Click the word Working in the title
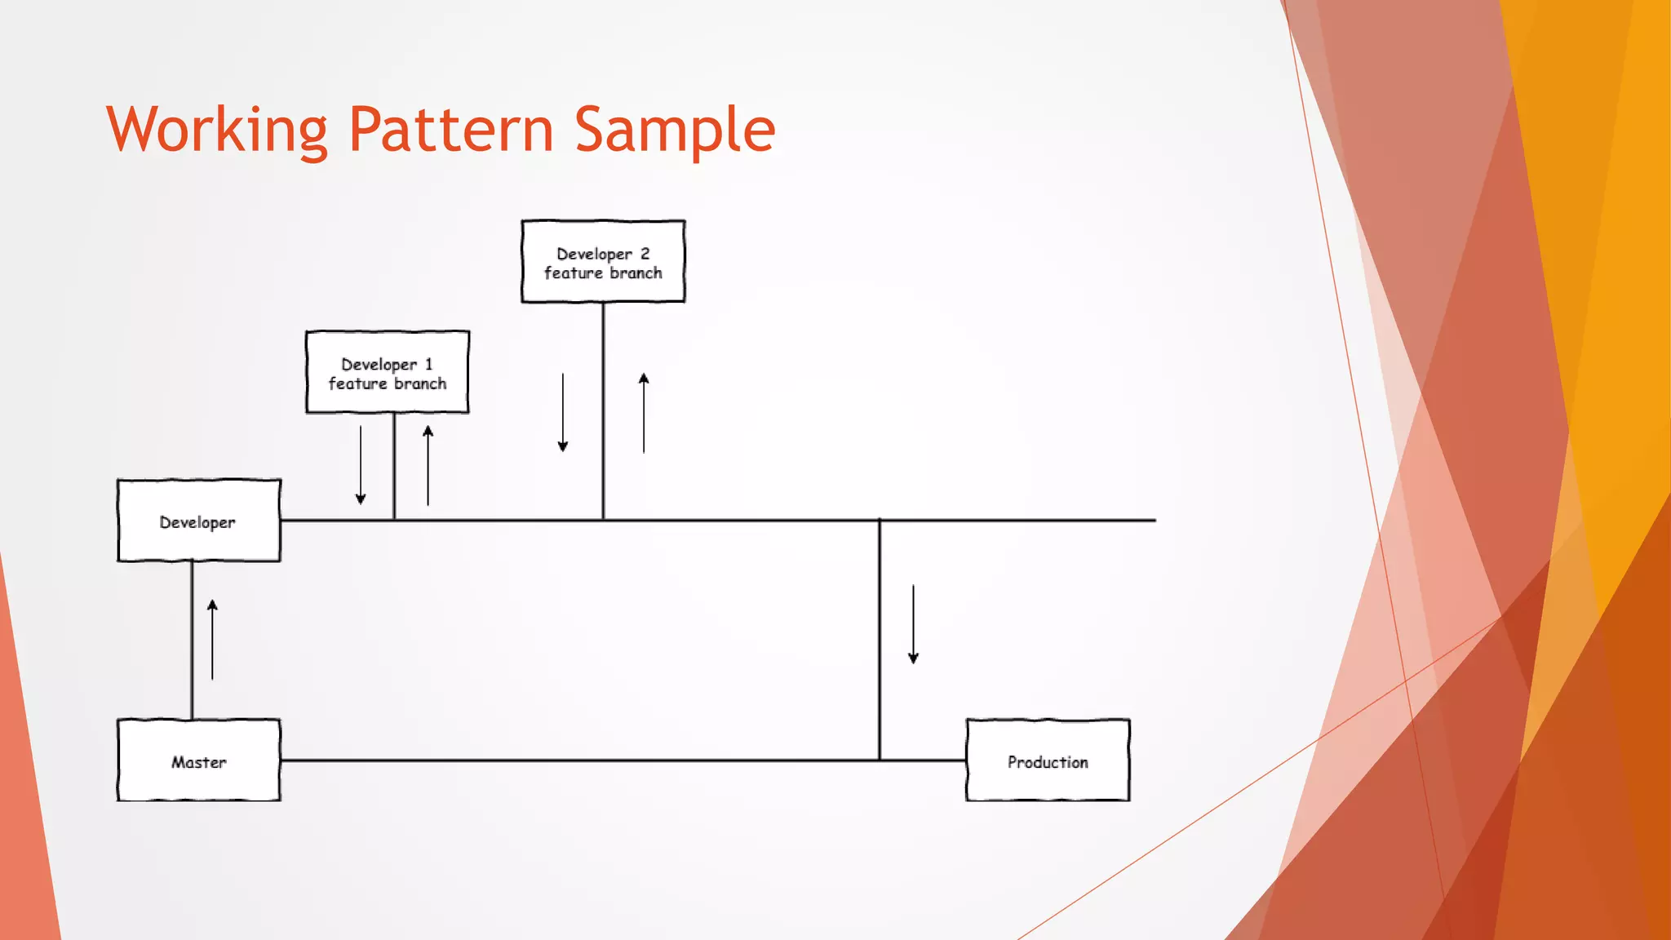[216, 130]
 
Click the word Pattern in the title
[451, 130]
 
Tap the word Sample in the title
[674, 130]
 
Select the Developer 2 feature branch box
[603, 262]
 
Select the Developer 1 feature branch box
[388, 372]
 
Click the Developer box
[199, 521]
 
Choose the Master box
[199, 760]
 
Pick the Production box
[1048, 760]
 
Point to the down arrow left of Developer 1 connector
[361, 464]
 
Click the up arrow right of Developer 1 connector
[428, 465]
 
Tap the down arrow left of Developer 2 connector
[563, 412]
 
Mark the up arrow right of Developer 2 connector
[644, 412]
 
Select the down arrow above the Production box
[913, 623]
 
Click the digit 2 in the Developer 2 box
[645, 254]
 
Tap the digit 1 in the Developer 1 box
[429, 364]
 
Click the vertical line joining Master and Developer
[192, 640]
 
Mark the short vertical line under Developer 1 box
[394, 466]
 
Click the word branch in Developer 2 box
[635, 273]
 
